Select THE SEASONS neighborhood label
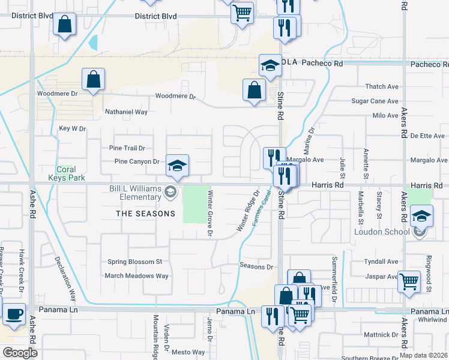point(145,214)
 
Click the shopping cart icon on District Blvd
point(241,11)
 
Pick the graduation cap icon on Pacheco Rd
point(271,65)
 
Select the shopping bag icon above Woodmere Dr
point(94,79)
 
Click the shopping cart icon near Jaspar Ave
point(409,280)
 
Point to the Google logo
point(20,353)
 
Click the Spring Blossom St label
point(135,262)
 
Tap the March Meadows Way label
point(137,276)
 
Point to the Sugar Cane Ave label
point(375,101)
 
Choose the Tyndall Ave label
point(381,262)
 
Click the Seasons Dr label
point(256,266)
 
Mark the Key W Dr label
point(73,128)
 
